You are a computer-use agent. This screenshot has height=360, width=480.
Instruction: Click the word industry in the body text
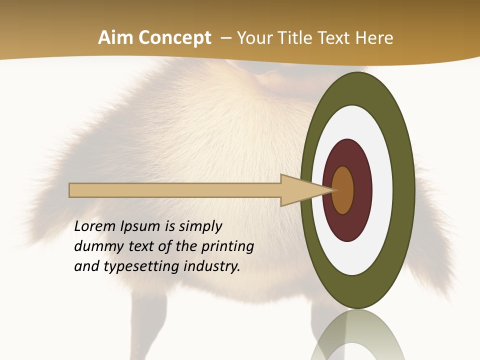(212, 266)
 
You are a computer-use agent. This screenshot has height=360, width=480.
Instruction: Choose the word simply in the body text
(200, 227)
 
